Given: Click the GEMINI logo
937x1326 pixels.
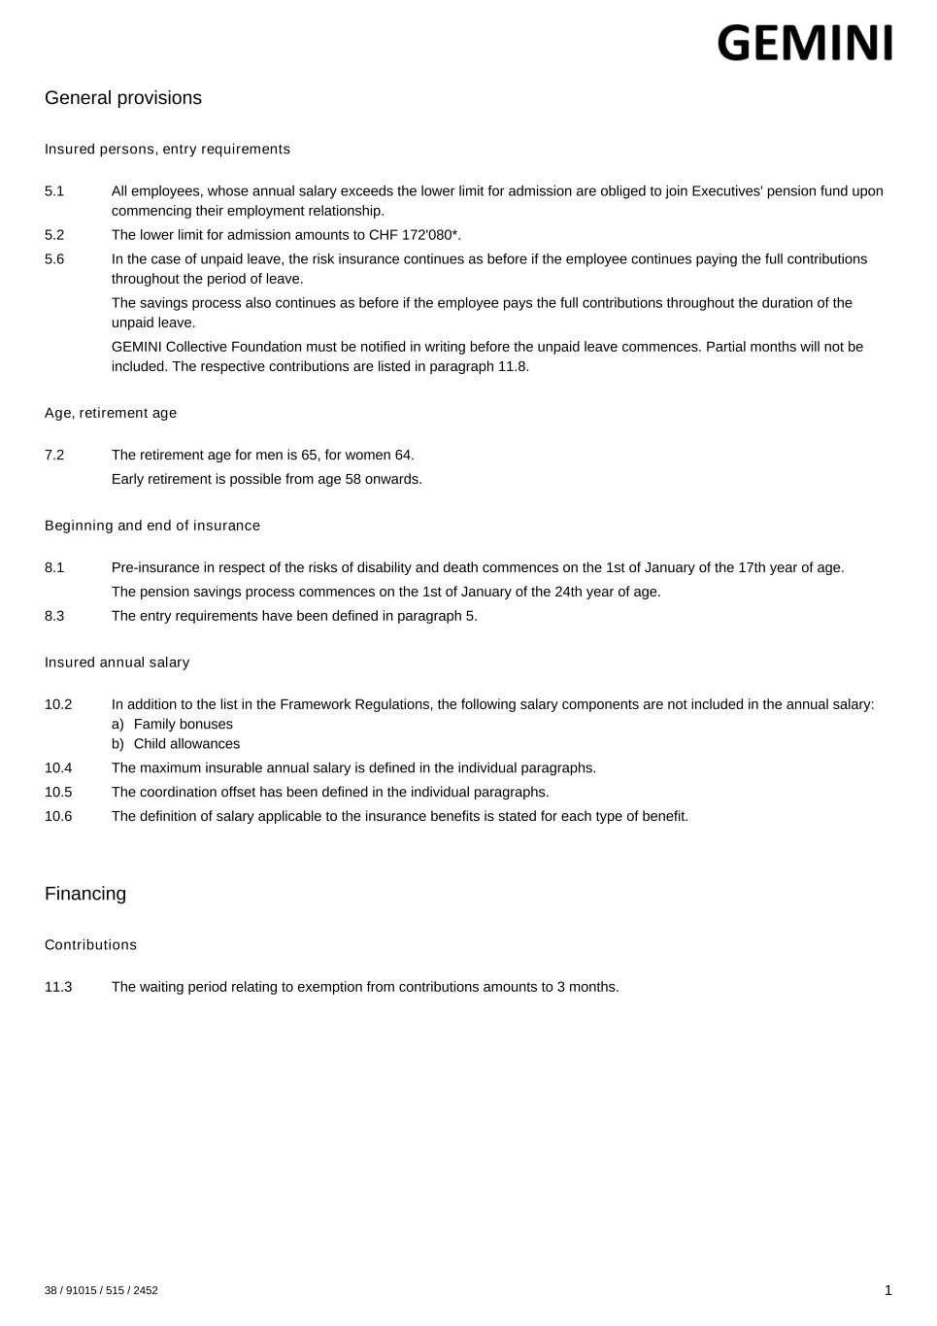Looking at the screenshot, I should (804, 44).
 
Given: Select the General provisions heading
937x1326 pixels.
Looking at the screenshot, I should (123, 98).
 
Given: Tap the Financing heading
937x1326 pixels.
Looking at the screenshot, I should (85, 894).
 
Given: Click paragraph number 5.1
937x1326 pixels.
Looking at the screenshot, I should (54, 191).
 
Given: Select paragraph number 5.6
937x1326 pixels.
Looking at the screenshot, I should (54, 259).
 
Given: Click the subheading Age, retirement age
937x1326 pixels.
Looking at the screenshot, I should (111, 413).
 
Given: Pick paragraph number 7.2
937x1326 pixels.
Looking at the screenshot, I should (54, 455).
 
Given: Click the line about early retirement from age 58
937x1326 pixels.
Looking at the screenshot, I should (267, 479).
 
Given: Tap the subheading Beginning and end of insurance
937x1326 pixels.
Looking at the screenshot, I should (152, 526).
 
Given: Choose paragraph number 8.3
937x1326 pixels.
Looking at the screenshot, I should (54, 616).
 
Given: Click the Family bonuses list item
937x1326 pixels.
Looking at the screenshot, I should (183, 725).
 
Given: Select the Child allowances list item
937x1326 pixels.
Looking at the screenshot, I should (186, 744).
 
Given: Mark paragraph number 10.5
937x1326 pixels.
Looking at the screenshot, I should (58, 792).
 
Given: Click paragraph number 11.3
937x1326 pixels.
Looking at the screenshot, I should (58, 987).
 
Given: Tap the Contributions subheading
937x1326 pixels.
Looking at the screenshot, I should (90, 945).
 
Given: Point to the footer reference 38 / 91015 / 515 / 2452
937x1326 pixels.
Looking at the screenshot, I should (101, 1291).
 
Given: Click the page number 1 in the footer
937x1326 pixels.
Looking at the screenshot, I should (887, 1290).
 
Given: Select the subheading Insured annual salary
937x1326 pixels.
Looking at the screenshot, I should (117, 663).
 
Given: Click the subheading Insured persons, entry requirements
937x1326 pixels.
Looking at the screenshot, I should (167, 150).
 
